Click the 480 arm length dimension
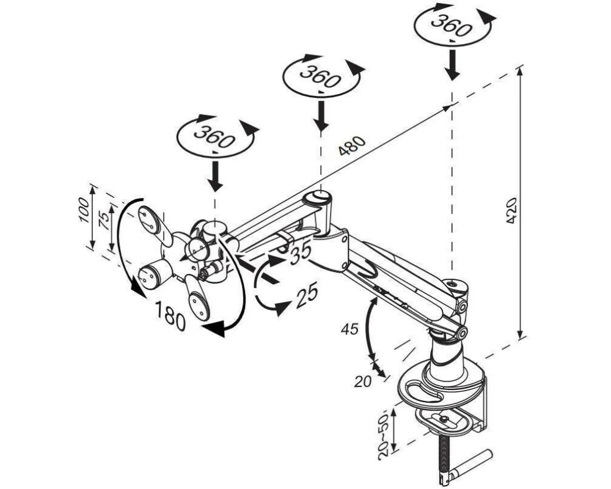[x=352, y=145]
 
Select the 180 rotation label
[x=170, y=316]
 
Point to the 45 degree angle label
[x=349, y=329]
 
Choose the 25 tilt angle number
[x=307, y=295]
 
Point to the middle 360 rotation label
[x=320, y=77]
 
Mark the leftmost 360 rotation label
[x=214, y=136]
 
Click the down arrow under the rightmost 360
[x=452, y=64]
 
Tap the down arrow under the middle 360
[x=321, y=116]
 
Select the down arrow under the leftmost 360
[x=214, y=176]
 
